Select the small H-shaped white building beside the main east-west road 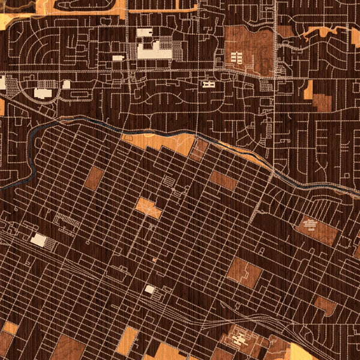click(x=209, y=85)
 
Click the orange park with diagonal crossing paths click(x=148, y=207)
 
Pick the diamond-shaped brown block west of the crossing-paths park click(x=94, y=178)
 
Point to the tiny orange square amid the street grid click(x=154, y=260)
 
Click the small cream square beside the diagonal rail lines click(x=149, y=289)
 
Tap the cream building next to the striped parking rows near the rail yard click(x=38, y=240)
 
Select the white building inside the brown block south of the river click(x=310, y=225)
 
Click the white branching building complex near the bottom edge click(x=240, y=338)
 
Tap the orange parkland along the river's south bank click(x=162, y=142)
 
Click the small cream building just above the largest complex click(x=144, y=33)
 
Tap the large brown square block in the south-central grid click(x=244, y=273)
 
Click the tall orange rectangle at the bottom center click(x=127, y=340)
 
